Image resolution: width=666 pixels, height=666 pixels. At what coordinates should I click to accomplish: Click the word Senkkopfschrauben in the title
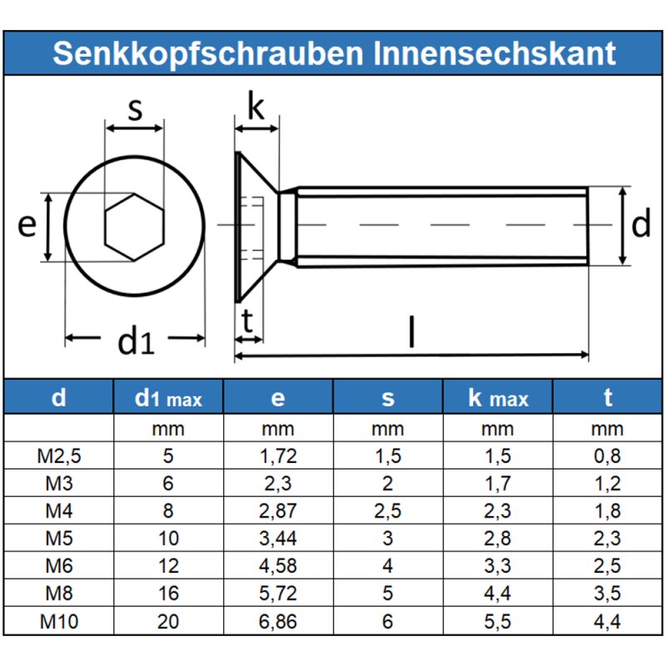click(208, 53)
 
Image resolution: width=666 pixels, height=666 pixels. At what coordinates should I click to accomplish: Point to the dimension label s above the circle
click(135, 108)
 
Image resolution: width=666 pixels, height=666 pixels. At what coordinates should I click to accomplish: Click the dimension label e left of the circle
click(27, 225)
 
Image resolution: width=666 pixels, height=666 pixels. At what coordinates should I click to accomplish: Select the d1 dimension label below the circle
click(136, 340)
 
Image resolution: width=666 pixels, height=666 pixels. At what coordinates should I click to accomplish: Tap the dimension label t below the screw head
click(247, 320)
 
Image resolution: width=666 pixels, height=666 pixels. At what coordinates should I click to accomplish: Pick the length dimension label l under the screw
click(410, 331)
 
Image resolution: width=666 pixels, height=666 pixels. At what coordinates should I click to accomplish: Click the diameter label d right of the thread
click(640, 225)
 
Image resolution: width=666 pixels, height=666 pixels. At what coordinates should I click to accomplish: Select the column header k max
click(498, 398)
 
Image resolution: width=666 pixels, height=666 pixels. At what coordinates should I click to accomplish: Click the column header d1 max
click(168, 398)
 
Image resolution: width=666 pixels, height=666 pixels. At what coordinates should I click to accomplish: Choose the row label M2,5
click(58, 455)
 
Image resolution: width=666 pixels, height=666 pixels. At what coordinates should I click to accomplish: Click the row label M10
click(58, 621)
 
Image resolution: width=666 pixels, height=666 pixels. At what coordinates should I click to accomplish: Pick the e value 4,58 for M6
click(278, 566)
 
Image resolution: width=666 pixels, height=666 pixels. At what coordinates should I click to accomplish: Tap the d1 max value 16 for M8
click(168, 594)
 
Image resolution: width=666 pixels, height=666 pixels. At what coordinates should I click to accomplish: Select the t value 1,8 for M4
click(608, 511)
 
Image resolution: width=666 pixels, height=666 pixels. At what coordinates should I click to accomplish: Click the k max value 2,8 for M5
click(498, 539)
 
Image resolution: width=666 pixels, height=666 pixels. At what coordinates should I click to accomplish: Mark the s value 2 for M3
click(388, 484)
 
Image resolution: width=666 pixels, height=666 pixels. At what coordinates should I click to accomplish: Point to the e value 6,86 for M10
click(278, 621)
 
